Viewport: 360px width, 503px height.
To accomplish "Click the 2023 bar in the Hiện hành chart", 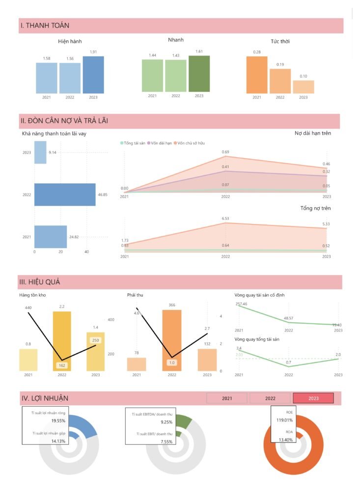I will tap(93, 75).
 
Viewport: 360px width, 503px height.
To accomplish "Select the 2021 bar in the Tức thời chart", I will tap(257, 75).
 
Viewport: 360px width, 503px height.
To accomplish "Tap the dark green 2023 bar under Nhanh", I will tap(199, 74).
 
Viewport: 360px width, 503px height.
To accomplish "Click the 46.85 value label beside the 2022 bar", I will tap(103, 195).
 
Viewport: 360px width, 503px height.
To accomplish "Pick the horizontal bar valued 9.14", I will tap(40, 152).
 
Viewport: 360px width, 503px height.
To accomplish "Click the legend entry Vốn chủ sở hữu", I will tap(189, 142).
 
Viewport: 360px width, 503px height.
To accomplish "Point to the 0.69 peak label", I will tap(225, 152).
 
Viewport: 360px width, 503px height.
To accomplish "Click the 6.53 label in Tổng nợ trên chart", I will tap(225, 218).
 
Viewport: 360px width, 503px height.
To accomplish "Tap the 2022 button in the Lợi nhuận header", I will tap(270, 398).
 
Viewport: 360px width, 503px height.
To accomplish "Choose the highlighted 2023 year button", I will tap(313, 398).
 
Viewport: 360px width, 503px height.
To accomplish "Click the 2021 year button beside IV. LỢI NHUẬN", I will tap(227, 398).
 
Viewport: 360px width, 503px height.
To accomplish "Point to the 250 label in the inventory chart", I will tap(95, 340).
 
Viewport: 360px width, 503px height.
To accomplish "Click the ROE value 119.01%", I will tap(285, 420).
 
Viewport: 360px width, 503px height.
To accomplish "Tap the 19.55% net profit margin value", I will tap(58, 421).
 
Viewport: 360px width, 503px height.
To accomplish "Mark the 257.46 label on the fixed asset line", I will tap(242, 304).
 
